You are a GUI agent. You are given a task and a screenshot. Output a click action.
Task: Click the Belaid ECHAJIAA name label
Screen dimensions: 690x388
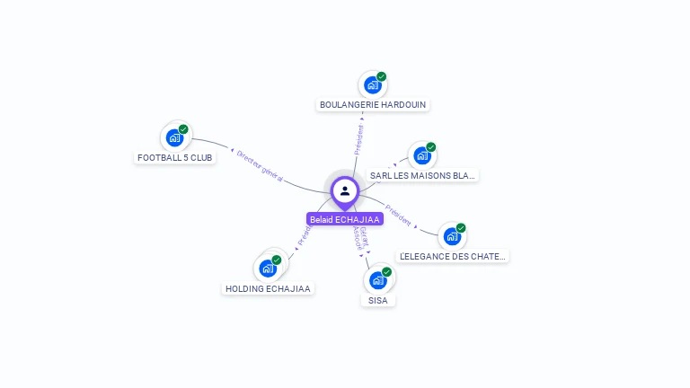pos(345,219)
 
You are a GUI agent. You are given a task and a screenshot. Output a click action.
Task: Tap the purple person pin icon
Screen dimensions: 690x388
pos(345,191)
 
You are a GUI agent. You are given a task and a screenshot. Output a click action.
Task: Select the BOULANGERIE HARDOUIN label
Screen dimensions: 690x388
pos(373,105)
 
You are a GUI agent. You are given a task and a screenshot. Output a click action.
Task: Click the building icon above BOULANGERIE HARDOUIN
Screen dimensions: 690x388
pos(373,85)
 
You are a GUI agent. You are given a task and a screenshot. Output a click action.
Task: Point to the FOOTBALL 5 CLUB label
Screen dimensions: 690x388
pos(175,157)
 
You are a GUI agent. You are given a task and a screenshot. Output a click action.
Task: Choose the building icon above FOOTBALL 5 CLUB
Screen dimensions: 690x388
pos(175,137)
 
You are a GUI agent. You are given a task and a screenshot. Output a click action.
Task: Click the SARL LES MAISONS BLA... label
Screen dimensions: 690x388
pos(422,176)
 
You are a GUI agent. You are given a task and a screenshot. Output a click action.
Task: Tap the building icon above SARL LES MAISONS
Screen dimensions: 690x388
pos(422,156)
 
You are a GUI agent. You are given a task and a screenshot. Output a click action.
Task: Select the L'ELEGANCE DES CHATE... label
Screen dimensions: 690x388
pos(453,256)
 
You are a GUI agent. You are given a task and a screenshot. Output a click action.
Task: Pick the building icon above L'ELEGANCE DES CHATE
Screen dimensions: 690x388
pos(452,237)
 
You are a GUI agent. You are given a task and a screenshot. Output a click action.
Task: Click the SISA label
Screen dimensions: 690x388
pos(378,300)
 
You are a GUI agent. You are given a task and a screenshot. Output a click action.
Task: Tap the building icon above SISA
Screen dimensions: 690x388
pos(378,280)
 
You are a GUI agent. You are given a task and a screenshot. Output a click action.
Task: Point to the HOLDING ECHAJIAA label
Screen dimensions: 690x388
pos(268,288)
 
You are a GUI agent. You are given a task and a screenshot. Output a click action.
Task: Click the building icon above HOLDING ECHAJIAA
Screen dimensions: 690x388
pos(268,269)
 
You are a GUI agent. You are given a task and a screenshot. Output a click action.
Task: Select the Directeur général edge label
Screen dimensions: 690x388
pos(260,167)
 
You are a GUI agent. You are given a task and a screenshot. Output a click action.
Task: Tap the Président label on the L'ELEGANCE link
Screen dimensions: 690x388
pos(398,216)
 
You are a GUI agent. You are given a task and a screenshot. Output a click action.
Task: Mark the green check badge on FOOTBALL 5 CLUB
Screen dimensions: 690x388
pos(183,129)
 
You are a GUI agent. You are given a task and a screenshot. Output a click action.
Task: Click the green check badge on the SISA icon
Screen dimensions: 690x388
pos(386,272)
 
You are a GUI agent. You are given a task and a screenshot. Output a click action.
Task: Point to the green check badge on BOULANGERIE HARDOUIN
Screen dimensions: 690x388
pos(381,77)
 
